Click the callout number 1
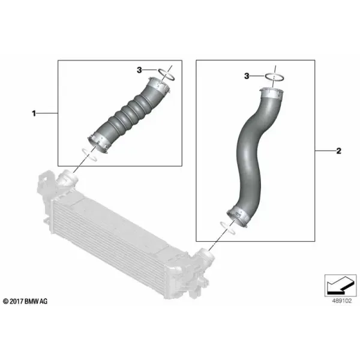[34, 113]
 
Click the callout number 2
[338, 151]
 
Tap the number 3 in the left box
[139, 70]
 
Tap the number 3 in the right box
[247, 76]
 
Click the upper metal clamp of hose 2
[272, 94]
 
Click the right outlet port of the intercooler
[205, 256]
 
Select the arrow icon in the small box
[340, 286]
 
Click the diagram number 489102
[342, 301]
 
